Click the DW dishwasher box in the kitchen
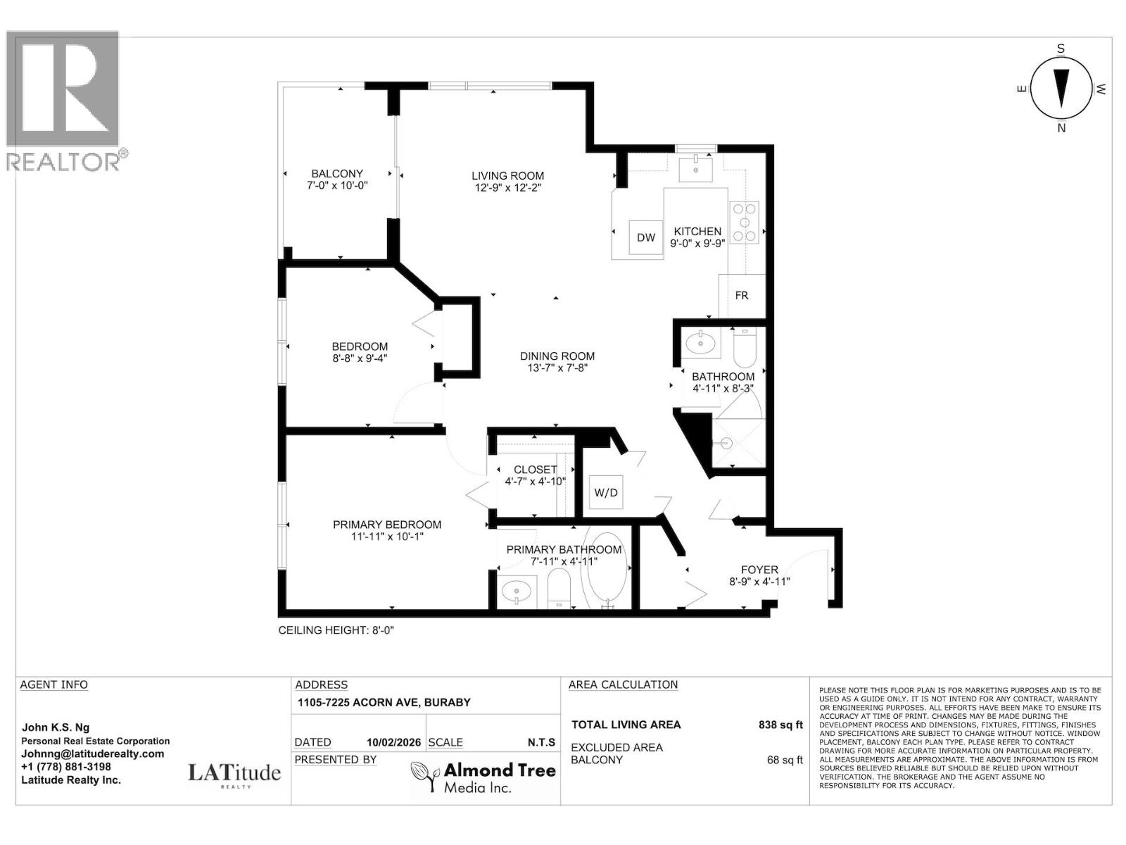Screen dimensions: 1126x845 (x=646, y=237)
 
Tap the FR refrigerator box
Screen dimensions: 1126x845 (x=742, y=296)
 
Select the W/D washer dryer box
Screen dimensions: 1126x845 (x=606, y=492)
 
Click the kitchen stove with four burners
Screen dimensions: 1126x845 (x=745, y=222)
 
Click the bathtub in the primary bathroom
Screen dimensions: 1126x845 (x=608, y=572)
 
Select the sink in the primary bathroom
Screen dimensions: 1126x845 (x=517, y=592)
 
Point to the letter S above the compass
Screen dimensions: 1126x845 (x=1061, y=49)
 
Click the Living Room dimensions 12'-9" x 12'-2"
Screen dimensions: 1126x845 (x=508, y=188)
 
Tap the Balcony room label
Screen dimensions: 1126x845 (x=337, y=173)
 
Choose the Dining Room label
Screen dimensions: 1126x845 (x=557, y=356)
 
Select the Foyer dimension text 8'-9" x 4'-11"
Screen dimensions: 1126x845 (x=759, y=582)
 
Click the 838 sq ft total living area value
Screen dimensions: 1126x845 (x=780, y=725)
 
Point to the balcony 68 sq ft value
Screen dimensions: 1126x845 (x=785, y=760)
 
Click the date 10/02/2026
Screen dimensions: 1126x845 (x=393, y=742)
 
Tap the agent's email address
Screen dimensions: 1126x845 (x=92, y=753)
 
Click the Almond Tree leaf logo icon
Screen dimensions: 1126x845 (x=424, y=776)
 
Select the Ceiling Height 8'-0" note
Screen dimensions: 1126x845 (x=336, y=630)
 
